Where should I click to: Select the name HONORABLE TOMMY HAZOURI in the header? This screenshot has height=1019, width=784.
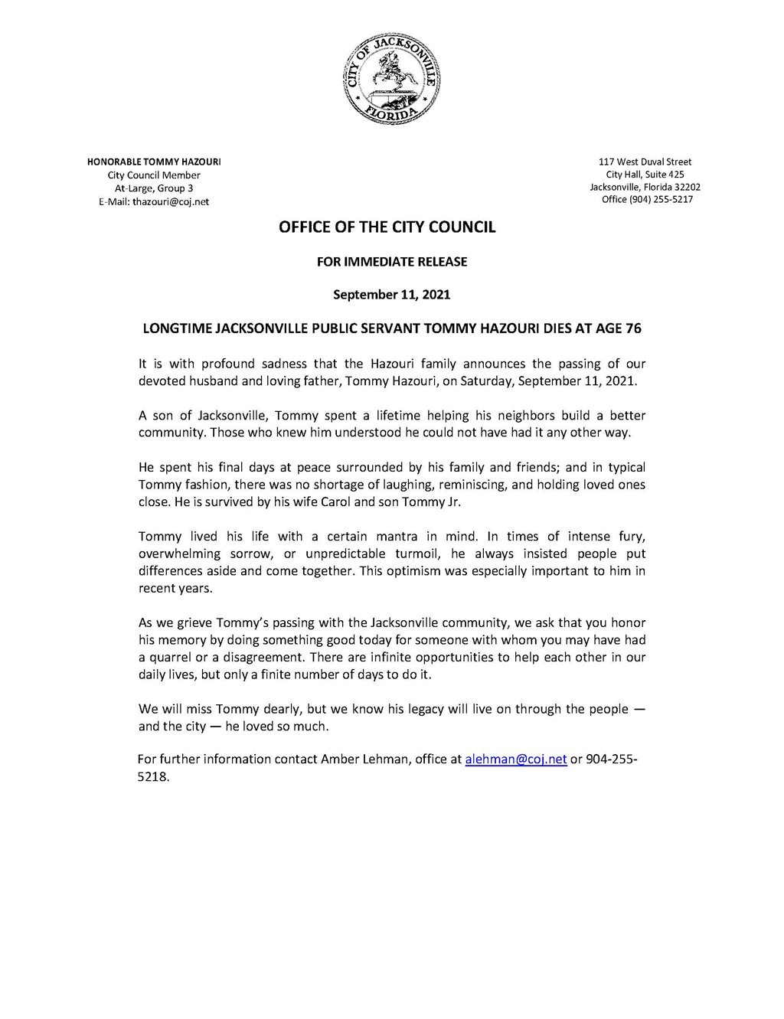154,162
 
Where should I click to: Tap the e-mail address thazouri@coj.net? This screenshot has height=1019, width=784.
171,202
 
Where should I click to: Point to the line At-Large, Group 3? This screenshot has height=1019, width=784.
154,188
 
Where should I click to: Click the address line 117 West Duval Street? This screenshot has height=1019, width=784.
645,162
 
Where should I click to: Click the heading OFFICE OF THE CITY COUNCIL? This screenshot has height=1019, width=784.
387,227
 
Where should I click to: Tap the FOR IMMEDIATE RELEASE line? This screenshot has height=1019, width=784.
391,262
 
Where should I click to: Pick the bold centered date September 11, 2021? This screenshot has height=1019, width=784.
391,295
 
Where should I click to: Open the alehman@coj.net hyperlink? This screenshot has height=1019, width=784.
516,759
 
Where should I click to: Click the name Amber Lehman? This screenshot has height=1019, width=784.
371,759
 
